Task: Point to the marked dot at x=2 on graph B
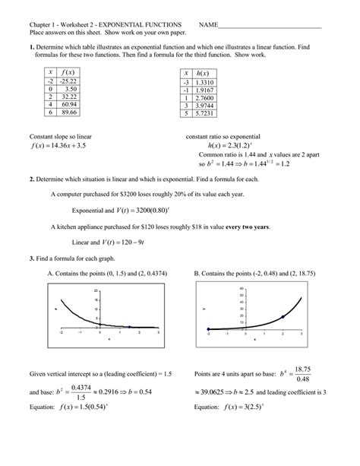click(283, 316)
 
